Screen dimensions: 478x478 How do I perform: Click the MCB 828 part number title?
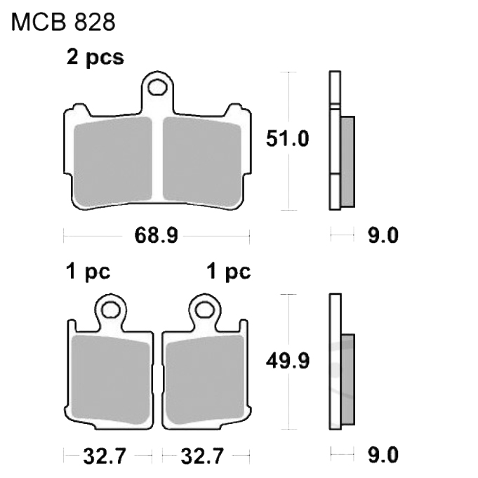pyautogui.click(x=63, y=22)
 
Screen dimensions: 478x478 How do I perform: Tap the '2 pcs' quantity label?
pyautogui.click(x=95, y=57)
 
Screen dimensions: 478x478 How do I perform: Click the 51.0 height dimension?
pyautogui.click(x=288, y=139)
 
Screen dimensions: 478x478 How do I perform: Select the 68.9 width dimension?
pyautogui.click(x=156, y=235)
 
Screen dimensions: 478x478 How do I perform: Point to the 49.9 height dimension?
pyautogui.click(x=288, y=361)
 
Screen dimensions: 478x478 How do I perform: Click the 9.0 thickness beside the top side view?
pyautogui.click(x=383, y=235)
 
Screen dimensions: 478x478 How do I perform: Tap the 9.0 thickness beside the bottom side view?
pyautogui.click(x=383, y=455)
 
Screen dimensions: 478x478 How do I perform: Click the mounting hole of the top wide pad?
pyautogui.click(x=158, y=87)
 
